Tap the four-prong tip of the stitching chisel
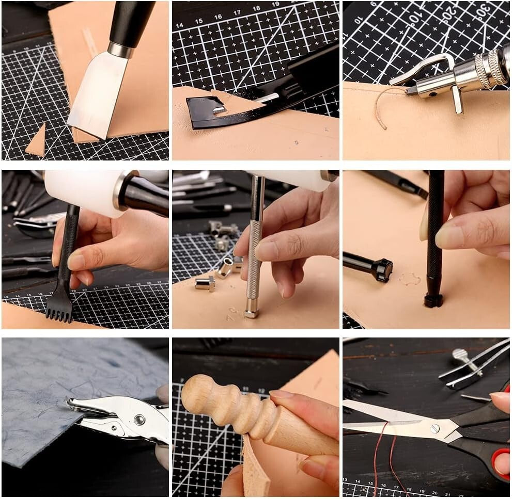[59, 310]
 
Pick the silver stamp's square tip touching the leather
[251, 312]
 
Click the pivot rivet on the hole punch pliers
[139, 419]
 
